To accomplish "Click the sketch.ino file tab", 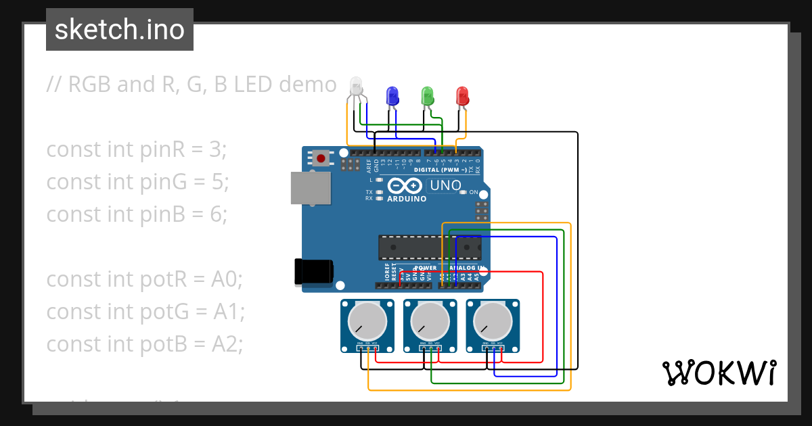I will point(120,30).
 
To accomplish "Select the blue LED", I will point(392,95).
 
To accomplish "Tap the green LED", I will point(427,95).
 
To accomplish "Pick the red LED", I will point(463,95).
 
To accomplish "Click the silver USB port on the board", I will point(311,187).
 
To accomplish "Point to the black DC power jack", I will point(313,272).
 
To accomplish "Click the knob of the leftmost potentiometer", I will point(366,321).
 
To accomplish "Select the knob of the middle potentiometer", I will point(429,321).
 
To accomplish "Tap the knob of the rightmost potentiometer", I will point(492,321).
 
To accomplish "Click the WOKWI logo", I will point(718,373).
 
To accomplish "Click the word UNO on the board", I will point(446,185).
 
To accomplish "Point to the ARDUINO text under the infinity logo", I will point(407,199).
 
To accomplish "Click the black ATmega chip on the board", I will point(429,247).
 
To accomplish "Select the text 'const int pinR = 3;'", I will point(136,149).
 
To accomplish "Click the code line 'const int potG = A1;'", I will point(145,312).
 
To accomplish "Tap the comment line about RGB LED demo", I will point(191,85).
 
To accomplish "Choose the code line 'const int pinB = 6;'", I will point(137,214).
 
